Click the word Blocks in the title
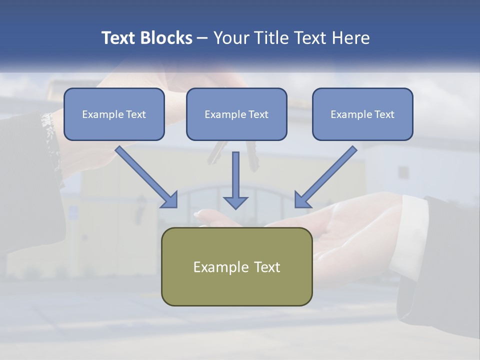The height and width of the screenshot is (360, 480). [x=167, y=38]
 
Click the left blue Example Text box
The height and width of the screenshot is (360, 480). [x=114, y=114]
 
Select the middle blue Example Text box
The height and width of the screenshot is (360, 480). [x=236, y=114]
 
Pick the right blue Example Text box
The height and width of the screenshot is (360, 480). [x=362, y=114]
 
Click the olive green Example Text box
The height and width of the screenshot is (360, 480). [x=236, y=266]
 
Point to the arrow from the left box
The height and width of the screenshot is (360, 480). [x=145, y=175]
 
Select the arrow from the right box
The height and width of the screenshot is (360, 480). [x=327, y=175]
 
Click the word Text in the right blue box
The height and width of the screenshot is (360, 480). [x=384, y=114]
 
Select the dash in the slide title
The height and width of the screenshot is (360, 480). [x=202, y=38]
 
